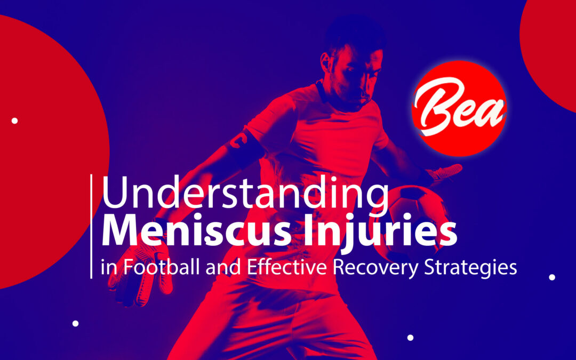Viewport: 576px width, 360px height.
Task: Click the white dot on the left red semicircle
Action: (x=14, y=121)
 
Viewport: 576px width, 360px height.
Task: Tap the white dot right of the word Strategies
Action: (x=552, y=277)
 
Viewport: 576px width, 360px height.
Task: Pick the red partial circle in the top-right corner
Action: (x=552, y=48)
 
